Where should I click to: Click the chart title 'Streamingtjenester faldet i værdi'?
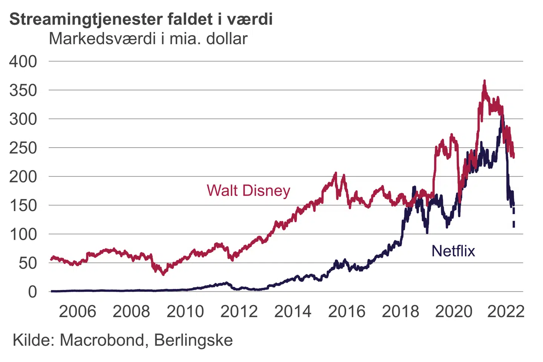[141, 19]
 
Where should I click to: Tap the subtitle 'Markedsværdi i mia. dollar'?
[148, 38]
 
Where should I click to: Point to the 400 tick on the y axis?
[23, 61]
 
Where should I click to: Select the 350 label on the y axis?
[23, 90]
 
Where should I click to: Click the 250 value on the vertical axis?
[23, 148]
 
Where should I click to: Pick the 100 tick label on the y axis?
[23, 234]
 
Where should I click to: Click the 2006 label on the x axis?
[77, 311]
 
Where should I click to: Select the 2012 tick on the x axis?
[239, 311]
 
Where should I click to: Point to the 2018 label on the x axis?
[400, 311]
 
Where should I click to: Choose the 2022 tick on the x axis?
[506, 311]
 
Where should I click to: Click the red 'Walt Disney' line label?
[248, 190]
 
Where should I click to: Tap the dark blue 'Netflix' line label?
[453, 251]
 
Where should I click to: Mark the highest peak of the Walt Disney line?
[485, 81]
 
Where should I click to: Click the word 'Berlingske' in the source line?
[193, 340]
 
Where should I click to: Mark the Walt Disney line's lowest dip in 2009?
[163, 274]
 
